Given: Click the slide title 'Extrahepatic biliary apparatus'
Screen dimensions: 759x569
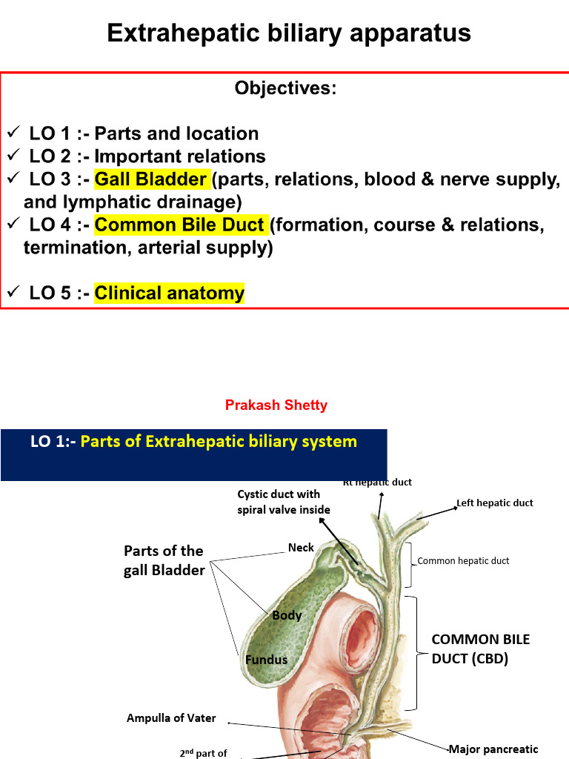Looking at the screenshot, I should [289, 33].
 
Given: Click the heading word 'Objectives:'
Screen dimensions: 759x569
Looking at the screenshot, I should [285, 89].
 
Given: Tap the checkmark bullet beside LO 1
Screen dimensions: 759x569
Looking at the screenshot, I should [13, 133].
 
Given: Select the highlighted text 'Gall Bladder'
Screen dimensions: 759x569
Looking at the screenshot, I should [151, 179].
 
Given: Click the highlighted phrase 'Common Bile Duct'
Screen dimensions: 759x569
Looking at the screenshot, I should [180, 225].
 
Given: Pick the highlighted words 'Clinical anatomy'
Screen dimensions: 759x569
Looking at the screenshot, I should [169, 294].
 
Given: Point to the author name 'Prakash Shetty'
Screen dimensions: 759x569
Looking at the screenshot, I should [276, 405].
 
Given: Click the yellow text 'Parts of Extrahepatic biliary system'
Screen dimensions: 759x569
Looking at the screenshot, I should [219, 442].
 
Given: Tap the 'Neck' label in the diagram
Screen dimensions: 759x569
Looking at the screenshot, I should [301, 548].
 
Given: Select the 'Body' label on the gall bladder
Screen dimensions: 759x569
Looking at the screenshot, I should [287, 615].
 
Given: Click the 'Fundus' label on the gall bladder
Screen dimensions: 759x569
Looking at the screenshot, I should [266, 659].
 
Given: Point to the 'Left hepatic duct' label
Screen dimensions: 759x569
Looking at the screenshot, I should [494, 503].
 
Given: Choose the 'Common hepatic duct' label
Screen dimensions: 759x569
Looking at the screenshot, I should [463, 561].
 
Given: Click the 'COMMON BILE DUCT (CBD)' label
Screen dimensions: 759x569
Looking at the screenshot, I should [470, 649].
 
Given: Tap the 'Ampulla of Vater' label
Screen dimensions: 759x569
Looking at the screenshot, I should [171, 718].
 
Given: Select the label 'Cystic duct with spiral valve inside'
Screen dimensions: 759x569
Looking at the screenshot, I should [284, 502].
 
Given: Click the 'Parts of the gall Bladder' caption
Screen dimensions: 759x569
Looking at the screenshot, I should [164, 560].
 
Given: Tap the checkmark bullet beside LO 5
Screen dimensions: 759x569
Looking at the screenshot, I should [13, 293].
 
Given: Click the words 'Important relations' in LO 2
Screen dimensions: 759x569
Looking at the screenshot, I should [180, 156].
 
